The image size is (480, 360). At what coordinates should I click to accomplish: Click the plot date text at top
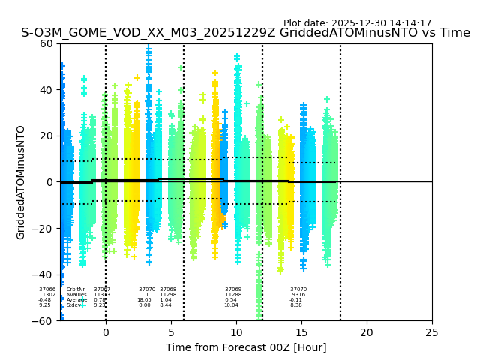357,23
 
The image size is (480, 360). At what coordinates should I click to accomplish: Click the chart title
245,33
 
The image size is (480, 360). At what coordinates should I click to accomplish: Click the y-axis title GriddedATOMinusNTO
21,182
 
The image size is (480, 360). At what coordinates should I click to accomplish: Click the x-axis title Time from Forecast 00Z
246,347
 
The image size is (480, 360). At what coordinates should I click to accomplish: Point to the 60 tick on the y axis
46,43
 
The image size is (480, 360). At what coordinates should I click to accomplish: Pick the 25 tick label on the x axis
432,332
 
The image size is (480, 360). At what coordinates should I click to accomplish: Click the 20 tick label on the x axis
367,332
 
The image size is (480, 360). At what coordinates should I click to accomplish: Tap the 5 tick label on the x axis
171,332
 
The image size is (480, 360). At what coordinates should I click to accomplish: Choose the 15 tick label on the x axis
301,332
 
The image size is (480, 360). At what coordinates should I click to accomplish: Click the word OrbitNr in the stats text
76,289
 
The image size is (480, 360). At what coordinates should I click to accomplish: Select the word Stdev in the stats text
73,305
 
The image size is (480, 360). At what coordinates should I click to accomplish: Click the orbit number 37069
233,289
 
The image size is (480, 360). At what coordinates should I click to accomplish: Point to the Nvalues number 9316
298,295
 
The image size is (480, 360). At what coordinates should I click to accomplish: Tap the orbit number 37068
168,289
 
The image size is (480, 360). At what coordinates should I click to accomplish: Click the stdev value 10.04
231,305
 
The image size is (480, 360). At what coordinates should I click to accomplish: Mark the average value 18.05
144,300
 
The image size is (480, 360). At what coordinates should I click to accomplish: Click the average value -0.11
295,300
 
